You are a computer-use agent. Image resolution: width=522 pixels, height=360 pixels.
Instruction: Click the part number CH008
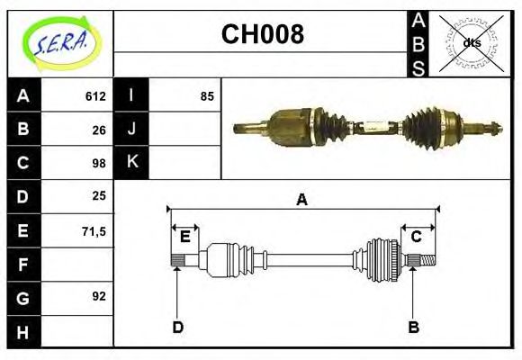pos(262,35)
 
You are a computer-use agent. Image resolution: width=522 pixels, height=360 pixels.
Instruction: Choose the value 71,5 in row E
pos(94,230)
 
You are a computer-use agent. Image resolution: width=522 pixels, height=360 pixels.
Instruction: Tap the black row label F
pos(22,264)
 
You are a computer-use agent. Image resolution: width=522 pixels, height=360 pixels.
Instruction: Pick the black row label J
pos(131,130)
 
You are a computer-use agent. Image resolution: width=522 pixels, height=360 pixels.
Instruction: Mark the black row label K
pos(131,163)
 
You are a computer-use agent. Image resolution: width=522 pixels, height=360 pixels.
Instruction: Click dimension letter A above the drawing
pos(301,200)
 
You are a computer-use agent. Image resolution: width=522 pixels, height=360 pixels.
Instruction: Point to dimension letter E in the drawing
pos(184,237)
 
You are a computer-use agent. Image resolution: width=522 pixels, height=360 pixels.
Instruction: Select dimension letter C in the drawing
pos(416,237)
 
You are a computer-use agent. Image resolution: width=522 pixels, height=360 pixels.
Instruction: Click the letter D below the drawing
pos(177,327)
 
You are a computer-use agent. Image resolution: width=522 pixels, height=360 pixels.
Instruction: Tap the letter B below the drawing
pos(413,327)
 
